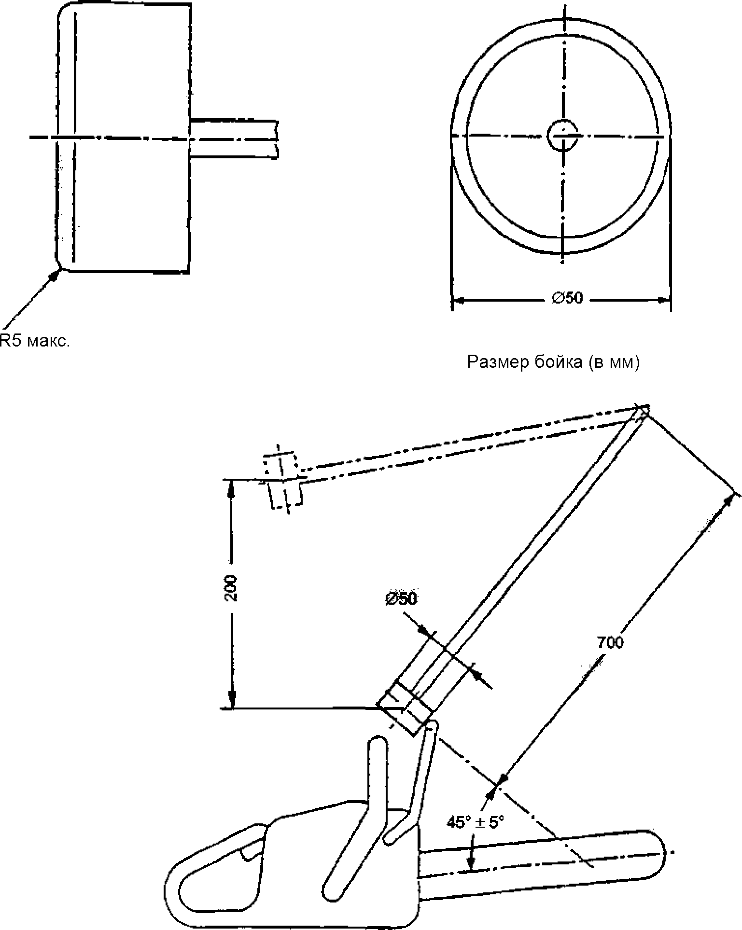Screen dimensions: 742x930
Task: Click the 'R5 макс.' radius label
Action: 35,341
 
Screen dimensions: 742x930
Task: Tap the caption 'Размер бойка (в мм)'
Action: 553,362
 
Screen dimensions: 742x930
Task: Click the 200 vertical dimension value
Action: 231,587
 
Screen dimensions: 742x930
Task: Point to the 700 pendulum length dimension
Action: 610,642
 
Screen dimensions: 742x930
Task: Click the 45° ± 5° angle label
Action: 475,822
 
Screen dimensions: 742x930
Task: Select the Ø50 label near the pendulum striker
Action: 401,598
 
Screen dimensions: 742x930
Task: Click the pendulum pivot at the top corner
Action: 644,410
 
